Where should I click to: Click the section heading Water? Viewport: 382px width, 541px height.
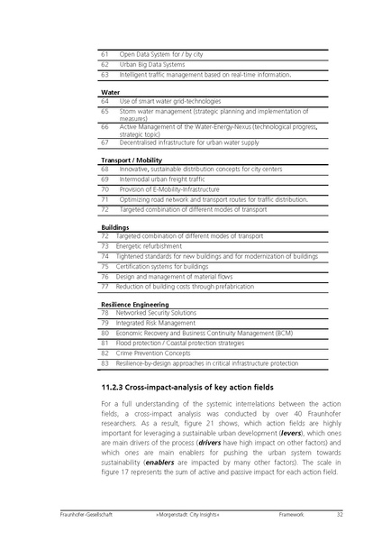111,93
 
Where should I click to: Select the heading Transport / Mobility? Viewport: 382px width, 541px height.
131,160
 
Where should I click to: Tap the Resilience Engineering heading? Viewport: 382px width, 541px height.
135,304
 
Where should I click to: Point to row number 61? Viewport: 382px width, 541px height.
105,55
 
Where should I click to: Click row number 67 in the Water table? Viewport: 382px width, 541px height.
105,142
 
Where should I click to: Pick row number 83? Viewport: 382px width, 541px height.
105,363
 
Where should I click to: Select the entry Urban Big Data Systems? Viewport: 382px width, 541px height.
152,65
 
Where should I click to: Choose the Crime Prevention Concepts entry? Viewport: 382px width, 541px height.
158,353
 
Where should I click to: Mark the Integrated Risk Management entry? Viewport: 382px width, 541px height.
158,323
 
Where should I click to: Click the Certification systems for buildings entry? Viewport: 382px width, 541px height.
165,267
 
